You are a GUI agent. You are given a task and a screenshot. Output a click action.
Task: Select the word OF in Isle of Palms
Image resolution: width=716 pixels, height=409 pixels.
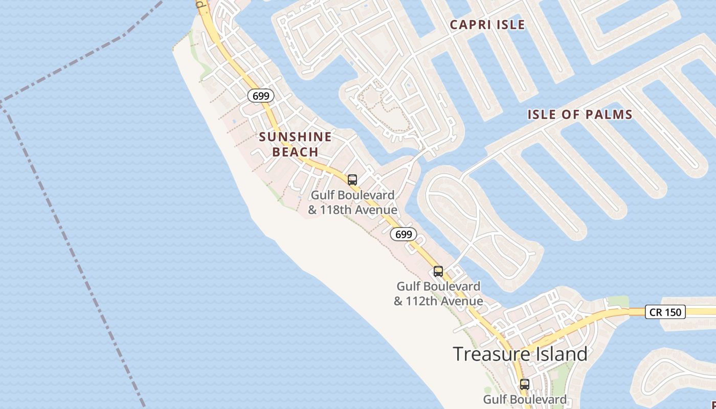pyautogui.click(x=570, y=115)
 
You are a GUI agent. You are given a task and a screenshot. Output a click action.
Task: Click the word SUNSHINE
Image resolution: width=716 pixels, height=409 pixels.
pyautogui.click(x=295, y=137)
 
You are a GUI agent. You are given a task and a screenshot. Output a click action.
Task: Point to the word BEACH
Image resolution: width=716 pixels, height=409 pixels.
pyautogui.click(x=295, y=152)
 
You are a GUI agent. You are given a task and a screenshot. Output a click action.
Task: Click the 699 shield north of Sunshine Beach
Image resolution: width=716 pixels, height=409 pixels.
pyautogui.click(x=261, y=96)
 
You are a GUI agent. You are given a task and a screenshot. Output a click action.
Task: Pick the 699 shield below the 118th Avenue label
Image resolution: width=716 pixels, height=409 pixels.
pyautogui.click(x=404, y=235)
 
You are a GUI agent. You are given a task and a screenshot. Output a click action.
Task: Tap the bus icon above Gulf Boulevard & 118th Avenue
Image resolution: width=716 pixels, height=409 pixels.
pyautogui.click(x=352, y=180)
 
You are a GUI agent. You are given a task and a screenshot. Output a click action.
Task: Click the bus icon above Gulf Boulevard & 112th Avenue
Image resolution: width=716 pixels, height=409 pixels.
pyautogui.click(x=438, y=271)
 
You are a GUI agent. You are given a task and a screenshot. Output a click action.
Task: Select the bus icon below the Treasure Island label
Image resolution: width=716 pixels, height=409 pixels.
pyautogui.click(x=525, y=384)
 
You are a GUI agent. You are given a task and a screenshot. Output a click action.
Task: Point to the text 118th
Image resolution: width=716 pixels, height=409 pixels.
pyautogui.click(x=335, y=210)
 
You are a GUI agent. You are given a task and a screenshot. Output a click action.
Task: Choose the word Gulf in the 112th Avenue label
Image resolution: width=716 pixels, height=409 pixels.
pyautogui.click(x=409, y=286)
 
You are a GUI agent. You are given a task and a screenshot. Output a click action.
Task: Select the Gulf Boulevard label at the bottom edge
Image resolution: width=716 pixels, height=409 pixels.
pyautogui.click(x=525, y=399)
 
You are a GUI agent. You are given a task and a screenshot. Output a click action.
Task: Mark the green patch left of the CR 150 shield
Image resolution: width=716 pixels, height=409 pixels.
pyautogui.click(x=617, y=301)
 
